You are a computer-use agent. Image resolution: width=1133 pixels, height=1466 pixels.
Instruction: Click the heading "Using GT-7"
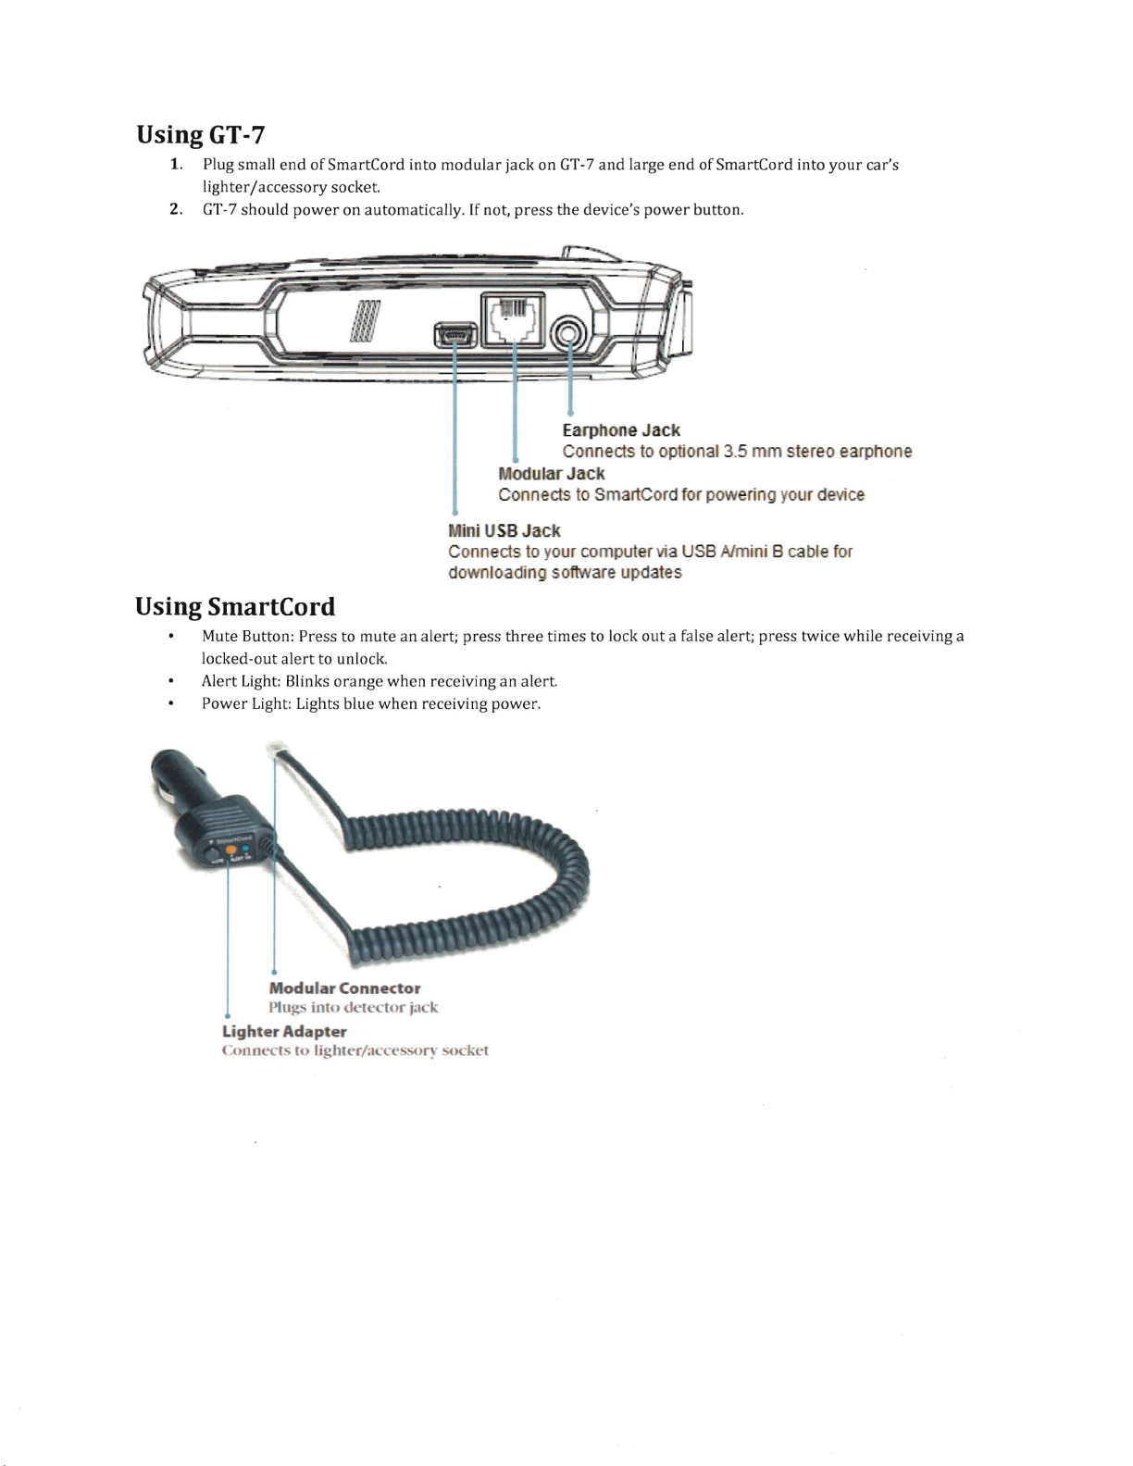tap(201, 135)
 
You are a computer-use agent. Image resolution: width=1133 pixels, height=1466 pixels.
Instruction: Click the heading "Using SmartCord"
tap(235, 607)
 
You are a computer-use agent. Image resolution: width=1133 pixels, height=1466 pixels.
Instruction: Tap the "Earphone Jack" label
tap(621, 430)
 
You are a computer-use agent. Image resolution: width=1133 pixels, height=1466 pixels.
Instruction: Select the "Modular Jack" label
tap(551, 473)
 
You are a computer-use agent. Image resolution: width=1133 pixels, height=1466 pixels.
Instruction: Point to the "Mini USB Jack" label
tap(504, 530)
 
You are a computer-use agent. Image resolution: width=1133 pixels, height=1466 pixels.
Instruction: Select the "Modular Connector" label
tap(344, 988)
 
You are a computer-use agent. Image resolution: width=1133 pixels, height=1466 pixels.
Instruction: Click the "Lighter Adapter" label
tap(284, 1031)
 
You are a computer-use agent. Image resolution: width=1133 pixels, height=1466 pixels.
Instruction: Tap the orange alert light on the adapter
tap(230, 850)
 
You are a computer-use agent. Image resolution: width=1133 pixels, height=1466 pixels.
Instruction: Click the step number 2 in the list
tap(175, 209)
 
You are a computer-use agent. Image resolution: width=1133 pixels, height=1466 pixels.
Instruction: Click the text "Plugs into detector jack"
tap(353, 1007)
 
